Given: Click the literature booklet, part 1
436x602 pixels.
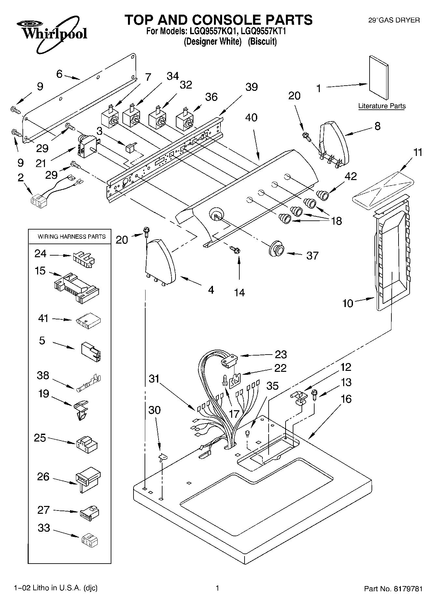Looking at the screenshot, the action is (x=379, y=77).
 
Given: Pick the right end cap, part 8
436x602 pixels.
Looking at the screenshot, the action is (x=333, y=144).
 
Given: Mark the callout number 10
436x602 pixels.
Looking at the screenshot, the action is (x=347, y=303).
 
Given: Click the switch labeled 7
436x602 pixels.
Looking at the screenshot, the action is (x=109, y=119).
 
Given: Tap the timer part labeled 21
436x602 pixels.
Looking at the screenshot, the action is (x=87, y=147).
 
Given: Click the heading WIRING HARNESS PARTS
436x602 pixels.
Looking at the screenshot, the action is (x=72, y=236).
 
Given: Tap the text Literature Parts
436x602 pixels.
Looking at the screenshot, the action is (x=382, y=106).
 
